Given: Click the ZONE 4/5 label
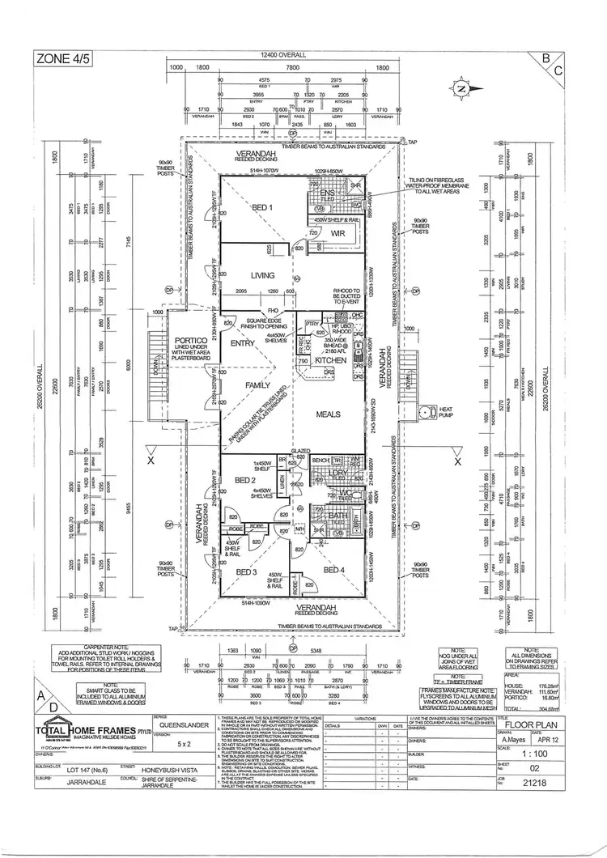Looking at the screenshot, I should point(61,57).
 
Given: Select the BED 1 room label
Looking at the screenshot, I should point(261,209).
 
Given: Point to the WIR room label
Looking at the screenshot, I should point(338,233).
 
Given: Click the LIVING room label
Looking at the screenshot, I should point(263,276).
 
